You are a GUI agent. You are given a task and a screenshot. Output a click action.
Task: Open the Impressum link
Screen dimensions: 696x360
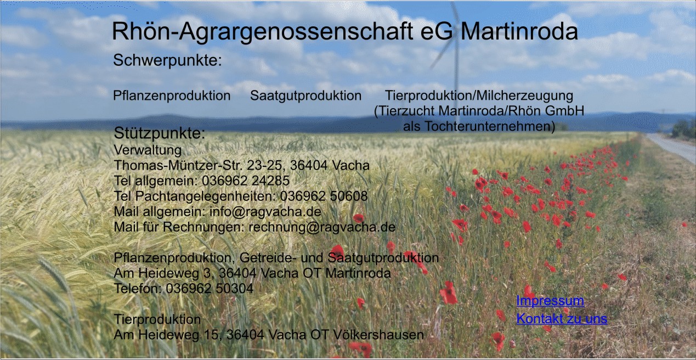pos(550,301)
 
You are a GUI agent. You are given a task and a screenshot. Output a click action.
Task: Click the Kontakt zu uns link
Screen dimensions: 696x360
pos(562,319)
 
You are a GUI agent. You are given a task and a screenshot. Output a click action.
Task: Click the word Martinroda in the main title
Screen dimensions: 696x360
pos(519,31)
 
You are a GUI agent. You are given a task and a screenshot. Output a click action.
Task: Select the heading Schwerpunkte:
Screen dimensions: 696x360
pos(167,60)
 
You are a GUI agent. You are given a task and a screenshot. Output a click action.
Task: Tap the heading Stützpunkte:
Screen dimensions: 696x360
pos(160,133)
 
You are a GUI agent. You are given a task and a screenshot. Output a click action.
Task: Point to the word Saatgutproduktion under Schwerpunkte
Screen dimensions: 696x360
pos(305,95)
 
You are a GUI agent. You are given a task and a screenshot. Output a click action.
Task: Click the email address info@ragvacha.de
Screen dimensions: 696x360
pos(265,212)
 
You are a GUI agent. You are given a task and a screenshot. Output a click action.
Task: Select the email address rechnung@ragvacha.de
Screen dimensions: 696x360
pos(322,227)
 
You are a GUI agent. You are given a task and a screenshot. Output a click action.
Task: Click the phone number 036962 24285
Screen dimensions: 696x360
pos(246,181)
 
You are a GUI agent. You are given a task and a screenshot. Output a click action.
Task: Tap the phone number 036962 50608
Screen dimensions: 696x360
pos(324,196)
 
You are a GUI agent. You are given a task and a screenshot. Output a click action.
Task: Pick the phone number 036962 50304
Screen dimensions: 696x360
pos(210,289)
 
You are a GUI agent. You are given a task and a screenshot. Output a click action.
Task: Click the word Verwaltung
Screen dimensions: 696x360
pos(148,150)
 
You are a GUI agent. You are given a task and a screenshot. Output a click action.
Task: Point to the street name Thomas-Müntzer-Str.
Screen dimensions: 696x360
pos(178,165)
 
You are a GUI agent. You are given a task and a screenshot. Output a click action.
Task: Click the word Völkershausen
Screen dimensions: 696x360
pos(378,335)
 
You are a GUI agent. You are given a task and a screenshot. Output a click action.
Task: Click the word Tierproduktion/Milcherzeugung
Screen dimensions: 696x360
pos(479,95)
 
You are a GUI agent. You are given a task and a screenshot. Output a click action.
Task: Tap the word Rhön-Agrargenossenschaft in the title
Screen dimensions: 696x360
pos(263,32)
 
